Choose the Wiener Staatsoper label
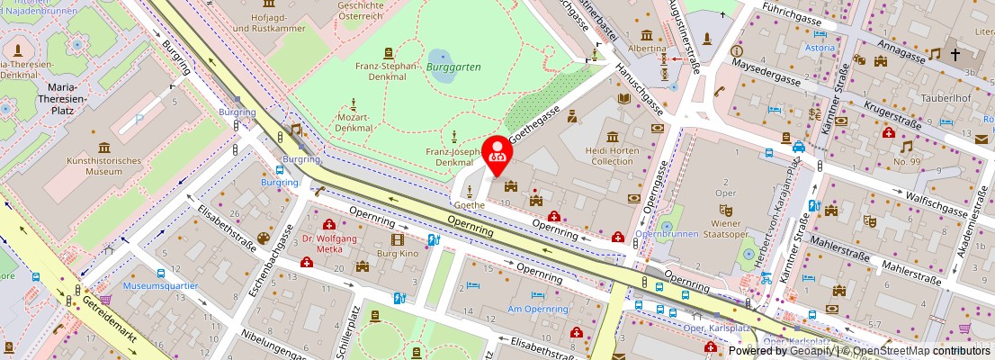[x=725, y=224]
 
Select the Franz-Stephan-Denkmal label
[x=387, y=71]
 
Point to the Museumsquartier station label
[x=160, y=286]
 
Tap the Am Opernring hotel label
[x=538, y=309]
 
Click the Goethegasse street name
[x=535, y=125]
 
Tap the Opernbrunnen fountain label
[x=666, y=233]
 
